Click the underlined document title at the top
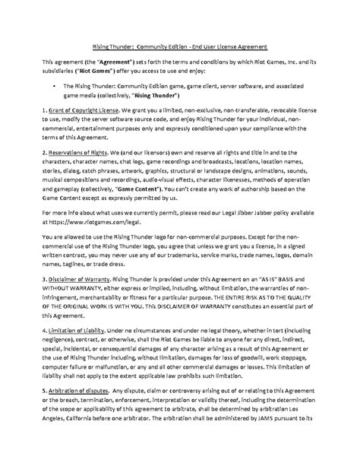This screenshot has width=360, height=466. click(179, 45)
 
